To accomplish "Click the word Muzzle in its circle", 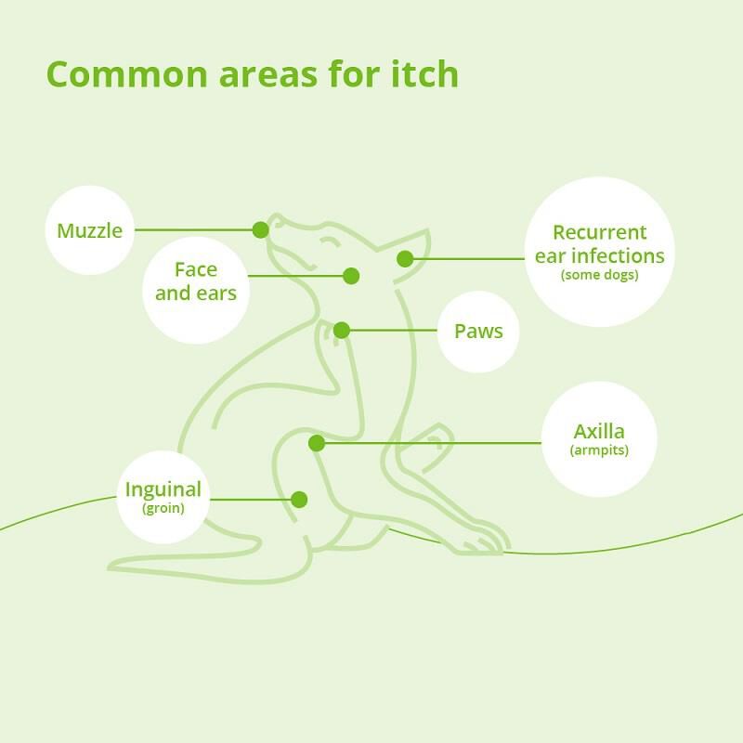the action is [89, 230].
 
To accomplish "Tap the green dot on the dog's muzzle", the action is [261, 229].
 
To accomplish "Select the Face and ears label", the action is [196, 281].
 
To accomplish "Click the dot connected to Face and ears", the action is [351, 276].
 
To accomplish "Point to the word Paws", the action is [478, 332].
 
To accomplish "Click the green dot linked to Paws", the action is [342, 331].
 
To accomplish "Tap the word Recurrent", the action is [599, 232].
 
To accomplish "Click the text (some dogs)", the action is [599, 275].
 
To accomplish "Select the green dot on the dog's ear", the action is [405, 259].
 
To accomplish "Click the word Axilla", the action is [599, 431].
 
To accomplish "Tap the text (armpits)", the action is [599, 450].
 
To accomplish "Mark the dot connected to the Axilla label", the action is [317, 443].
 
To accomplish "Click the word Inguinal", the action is [163, 489].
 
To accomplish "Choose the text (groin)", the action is [163, 508].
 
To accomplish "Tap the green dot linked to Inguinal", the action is [299, 500].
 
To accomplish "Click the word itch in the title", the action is [425, 74].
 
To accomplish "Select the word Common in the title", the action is [127, 74].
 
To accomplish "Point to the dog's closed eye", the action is [330, 242].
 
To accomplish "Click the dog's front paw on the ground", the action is [482, 540].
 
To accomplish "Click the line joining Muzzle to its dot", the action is [193, 229].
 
